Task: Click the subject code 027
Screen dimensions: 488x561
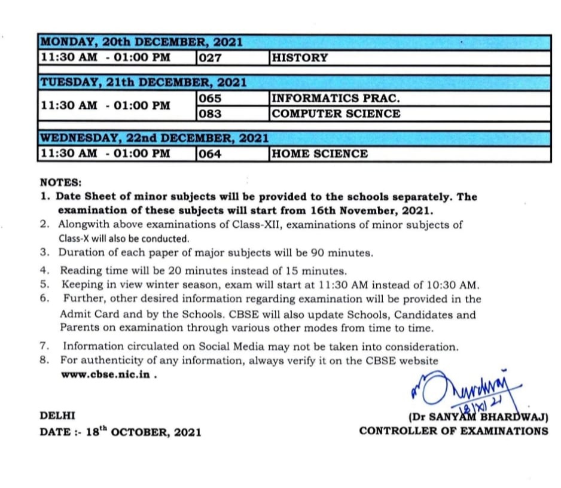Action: [209, 58]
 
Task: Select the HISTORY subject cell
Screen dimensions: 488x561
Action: [300, 58]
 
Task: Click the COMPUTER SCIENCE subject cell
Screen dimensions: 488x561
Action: [336, 114]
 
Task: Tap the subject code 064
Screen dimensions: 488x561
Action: [209, 154]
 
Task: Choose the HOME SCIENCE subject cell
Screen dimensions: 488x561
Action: [319, 154]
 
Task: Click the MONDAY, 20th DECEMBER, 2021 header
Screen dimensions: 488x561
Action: [141, 42]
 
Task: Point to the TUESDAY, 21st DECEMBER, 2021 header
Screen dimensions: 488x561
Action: [143, 82]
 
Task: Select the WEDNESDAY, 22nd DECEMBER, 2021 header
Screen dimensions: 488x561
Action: [154, 138]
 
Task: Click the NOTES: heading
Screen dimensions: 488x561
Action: [60, 182]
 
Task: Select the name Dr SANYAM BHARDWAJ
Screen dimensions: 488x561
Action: [478, 417]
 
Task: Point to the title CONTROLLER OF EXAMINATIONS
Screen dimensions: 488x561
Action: [453, 431]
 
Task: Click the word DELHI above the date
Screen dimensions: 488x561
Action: [57, 416]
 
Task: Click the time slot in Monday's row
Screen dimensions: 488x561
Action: [105, 58]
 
